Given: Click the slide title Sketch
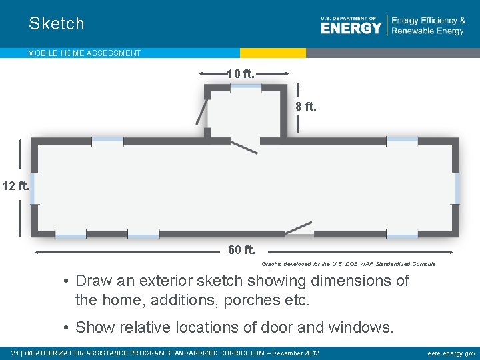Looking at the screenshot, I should click(57, 23).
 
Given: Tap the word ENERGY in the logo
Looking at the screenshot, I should click(351, 28).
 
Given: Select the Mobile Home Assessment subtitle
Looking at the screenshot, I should click(84, 53).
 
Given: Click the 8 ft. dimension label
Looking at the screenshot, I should click(306, 106).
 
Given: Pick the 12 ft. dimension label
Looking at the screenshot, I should click(15, 186).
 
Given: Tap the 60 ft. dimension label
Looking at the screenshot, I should click(241, 251).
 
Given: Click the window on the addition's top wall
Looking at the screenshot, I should click(245, 87).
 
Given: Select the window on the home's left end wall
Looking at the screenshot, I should click(32, 188).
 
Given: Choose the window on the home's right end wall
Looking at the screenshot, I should click(457, 188).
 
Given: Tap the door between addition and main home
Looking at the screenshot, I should click(243, 147).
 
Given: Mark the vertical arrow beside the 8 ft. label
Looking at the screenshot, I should click(297, 106).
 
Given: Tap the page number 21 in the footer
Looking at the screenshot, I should click(16, 353).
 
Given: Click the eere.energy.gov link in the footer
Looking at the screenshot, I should click(451, 353).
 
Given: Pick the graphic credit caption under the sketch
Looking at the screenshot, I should click(348, 264).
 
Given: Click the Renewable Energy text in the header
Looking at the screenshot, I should click(427, 31).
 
